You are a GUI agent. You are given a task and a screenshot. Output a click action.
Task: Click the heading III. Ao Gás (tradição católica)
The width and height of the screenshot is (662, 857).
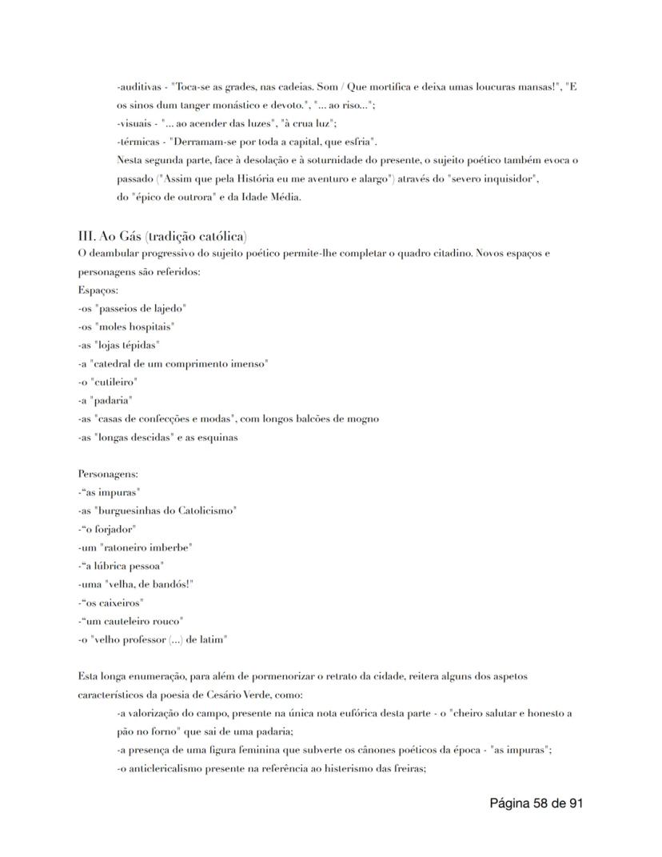coord(162,236)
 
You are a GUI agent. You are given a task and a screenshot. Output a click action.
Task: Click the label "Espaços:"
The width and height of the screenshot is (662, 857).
coord(98,290)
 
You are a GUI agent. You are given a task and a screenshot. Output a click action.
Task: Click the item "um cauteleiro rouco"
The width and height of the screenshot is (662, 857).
coord(134,621)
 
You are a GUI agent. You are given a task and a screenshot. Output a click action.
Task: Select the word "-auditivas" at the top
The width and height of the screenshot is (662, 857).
coord(140,87)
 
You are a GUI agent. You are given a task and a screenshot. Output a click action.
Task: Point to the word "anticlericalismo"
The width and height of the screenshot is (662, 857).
coord(162,768)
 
